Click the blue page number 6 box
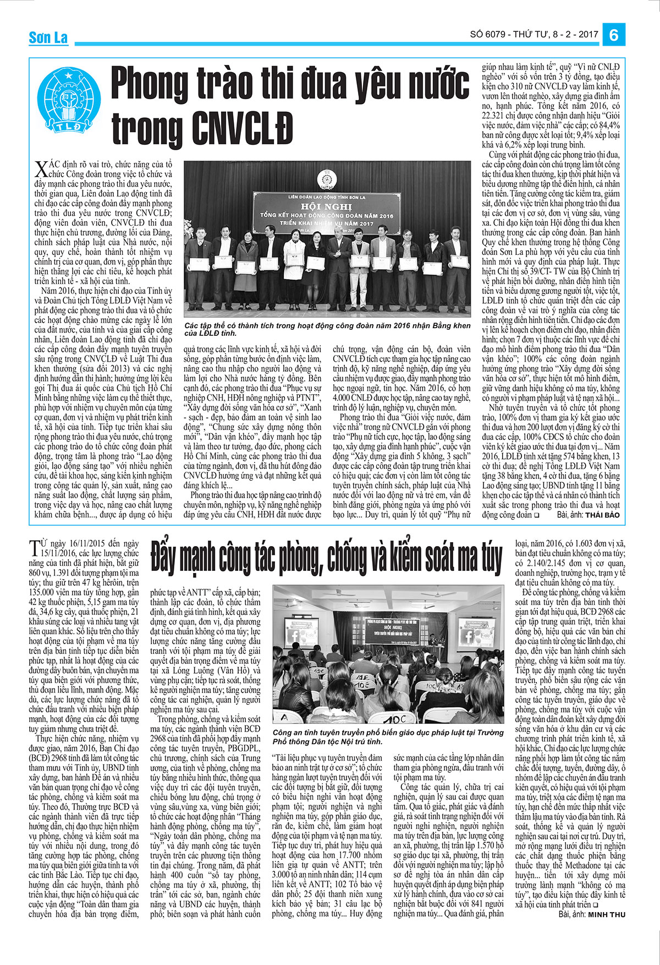(614, 35)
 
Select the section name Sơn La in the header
(48, 37)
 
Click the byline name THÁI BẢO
(602, 515)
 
